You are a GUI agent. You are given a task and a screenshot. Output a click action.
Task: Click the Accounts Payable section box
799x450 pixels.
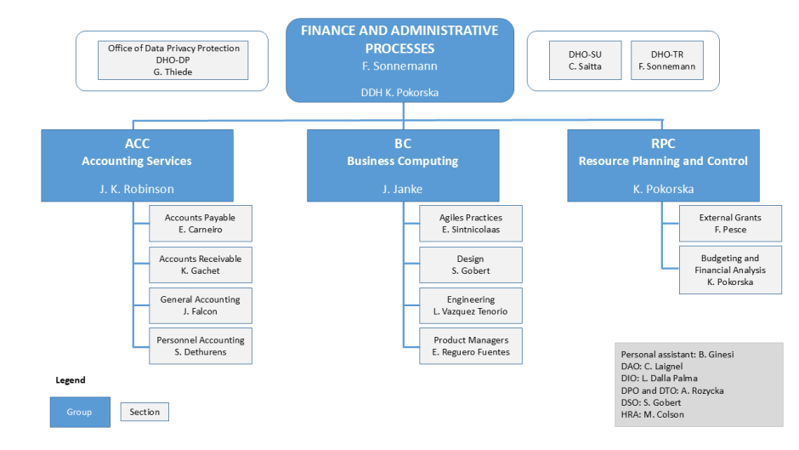[x=200, y=223]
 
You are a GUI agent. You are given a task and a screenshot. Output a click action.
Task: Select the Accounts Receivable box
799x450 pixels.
[x=200, y=265]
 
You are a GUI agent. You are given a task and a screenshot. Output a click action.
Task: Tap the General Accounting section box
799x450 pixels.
[x=200, y=305]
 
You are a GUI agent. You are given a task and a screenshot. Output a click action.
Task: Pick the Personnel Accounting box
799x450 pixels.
[x=200, y=345]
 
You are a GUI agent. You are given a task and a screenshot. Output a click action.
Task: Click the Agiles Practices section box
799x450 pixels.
[x=471, y=223]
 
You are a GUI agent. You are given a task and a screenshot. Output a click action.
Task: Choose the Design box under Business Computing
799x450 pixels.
[x=471, y=265]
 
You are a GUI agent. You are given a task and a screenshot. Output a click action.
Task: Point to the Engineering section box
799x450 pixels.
[x=471, y=305]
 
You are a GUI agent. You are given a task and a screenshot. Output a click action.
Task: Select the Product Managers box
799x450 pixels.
[x=471, y=345]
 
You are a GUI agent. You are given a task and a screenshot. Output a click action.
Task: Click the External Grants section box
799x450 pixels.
[x=730, y=223]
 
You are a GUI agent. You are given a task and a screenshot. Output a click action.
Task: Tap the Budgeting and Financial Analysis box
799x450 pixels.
[x=730, y=270]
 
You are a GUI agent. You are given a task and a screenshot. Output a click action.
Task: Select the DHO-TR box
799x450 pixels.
[x=667, y=60]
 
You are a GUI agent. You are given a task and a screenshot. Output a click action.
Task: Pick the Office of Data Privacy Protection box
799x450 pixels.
[x=173, y=60]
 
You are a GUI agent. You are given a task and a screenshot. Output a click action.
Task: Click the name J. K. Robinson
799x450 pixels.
[x=137, y=189]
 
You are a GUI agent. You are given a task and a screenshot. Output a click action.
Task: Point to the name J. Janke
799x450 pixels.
[x=403, y=189]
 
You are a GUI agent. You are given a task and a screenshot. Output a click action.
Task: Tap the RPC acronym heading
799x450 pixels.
[x=663, y=144]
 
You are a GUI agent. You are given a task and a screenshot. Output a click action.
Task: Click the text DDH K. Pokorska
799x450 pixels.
[x=399, y=92]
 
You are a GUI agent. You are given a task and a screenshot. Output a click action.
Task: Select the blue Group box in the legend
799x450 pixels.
[x=79, y=412]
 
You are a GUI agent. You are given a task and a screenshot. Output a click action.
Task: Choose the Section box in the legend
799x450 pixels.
[x=144, y=412]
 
